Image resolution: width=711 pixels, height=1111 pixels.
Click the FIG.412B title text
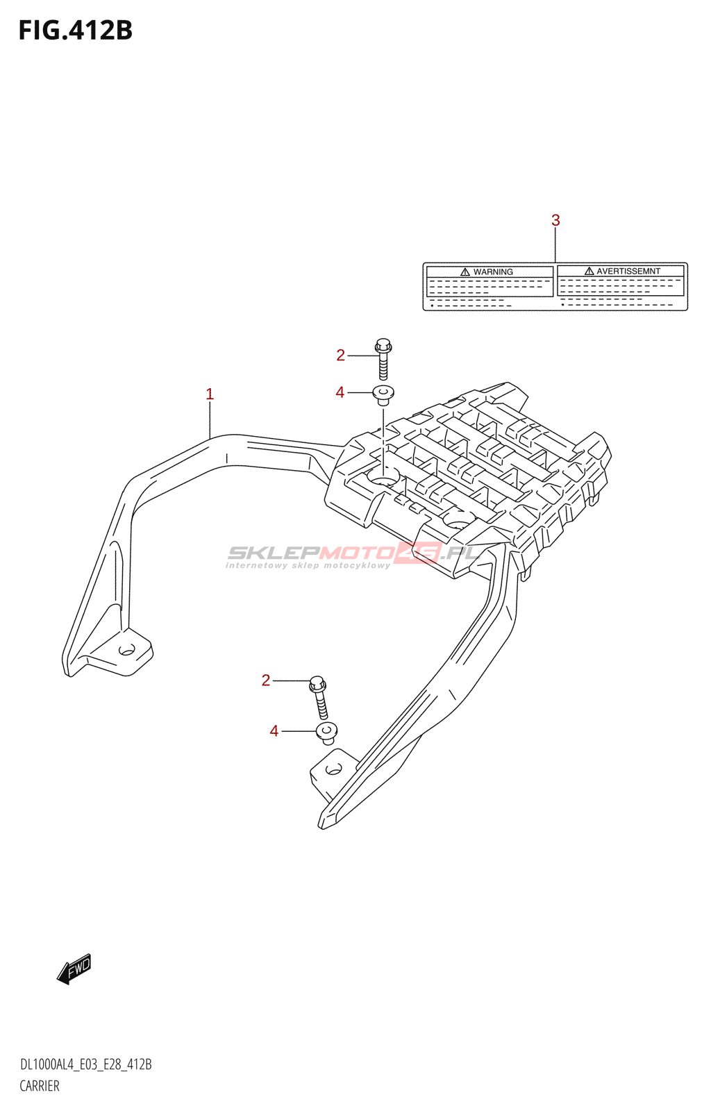coord(76,31)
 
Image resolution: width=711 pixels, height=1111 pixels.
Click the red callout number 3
coord(555,220)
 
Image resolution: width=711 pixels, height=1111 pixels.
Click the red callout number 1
coord(210,394)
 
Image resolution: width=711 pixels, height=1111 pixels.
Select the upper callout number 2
coord(340,355)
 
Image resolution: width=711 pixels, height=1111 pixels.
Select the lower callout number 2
coord(266,680)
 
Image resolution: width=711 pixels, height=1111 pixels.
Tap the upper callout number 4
coord(340,392)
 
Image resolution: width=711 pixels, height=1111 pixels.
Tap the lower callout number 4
coord(274,731)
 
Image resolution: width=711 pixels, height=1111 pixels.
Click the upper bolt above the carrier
coord(383,359)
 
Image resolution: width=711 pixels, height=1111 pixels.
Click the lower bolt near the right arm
coord(319,697)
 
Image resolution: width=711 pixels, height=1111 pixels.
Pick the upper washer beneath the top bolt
coord(383,395)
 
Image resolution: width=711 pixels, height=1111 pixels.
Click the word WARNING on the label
coord(493,272)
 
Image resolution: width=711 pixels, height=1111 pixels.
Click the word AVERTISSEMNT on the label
coord(628,272)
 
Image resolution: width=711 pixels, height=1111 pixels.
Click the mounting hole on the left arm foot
coord(127,649)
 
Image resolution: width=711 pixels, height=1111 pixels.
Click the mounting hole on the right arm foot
coord(334,769)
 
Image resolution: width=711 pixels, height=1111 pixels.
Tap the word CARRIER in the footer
coord(40,1086)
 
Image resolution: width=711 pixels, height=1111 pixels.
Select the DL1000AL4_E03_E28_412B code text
coord(86,1064)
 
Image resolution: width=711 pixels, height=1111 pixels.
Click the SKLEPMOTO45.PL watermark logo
coord(353,556)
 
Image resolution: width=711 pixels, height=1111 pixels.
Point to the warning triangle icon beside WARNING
coord(465,272)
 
